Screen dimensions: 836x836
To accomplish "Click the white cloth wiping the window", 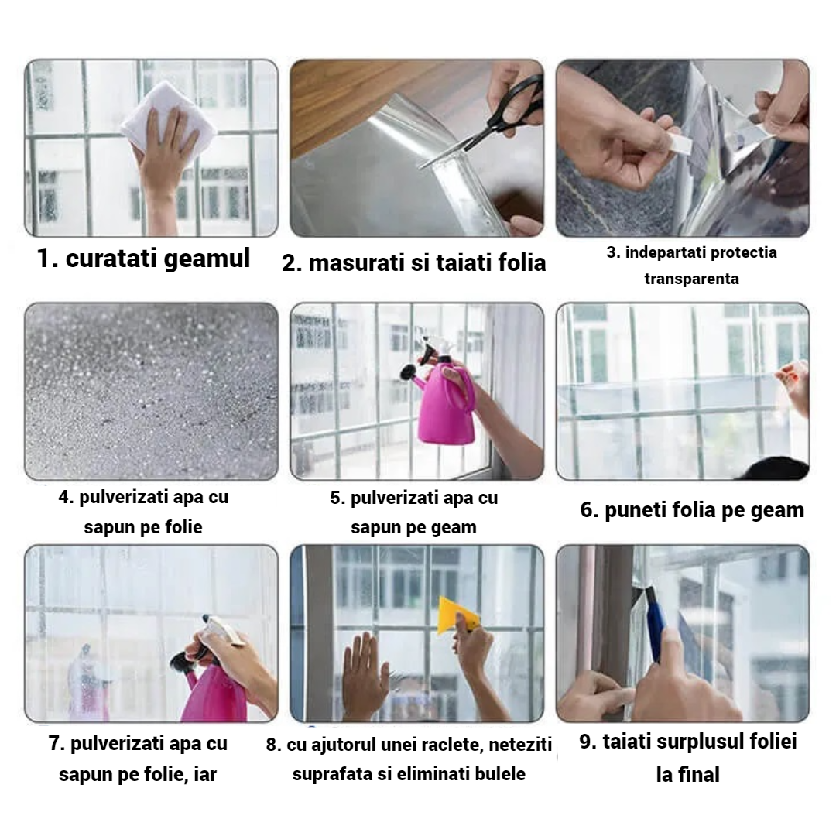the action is click(166, 118).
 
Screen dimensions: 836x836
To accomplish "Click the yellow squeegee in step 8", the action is click(458, 615).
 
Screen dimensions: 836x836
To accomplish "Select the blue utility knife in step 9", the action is click(656, 624).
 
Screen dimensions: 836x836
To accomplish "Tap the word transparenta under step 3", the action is click(691, 279).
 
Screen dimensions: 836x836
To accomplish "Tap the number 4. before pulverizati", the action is click(66, 497).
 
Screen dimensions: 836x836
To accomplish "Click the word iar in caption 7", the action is click(205, 774).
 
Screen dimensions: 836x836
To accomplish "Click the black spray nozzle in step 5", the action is click(410, 372).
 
